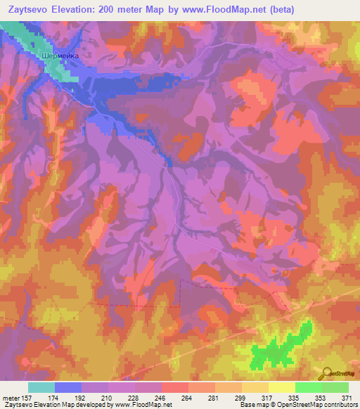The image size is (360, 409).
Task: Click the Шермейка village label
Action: click(62, 51)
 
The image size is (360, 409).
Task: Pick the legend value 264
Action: click(173, 398)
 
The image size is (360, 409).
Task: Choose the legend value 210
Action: click(94, 398)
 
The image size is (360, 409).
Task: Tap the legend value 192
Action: click(67, 398)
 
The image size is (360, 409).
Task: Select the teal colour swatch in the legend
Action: click(41, 387)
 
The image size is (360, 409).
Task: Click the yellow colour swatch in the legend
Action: click(281, 387)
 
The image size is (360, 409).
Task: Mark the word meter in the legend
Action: click(11, 398)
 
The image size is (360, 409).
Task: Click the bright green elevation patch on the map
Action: click(278, 349)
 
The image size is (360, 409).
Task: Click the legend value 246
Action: click(147, 398)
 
